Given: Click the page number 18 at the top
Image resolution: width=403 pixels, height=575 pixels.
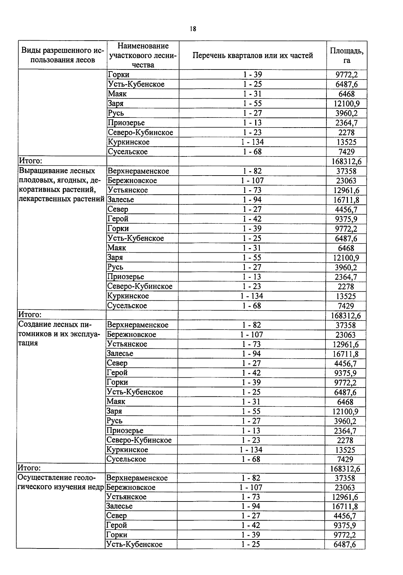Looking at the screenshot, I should pos(192,29).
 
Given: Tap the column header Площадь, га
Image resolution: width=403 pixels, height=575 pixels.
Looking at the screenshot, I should pos(346,55).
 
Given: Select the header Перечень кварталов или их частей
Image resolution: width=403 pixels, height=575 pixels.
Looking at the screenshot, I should pos(253,55).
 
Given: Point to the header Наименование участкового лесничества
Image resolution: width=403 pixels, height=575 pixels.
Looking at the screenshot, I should pos(143,55).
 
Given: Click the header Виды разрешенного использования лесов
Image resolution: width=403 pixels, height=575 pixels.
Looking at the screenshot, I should pos(62,55).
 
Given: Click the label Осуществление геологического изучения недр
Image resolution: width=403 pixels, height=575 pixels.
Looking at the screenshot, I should pos(60,482).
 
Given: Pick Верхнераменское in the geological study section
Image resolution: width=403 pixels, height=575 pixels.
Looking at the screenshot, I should pos(137,478).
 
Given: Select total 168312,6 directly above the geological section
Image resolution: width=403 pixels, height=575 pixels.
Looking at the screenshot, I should pos(345,469).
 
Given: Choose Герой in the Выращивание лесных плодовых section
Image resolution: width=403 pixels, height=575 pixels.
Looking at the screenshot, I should pos(118,219).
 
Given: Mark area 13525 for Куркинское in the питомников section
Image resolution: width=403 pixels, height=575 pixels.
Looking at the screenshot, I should pos(345,450).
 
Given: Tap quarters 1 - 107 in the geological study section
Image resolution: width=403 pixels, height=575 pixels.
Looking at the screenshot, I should pos(251,487).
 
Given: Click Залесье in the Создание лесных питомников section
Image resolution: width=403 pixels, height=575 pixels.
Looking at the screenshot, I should pos(120,353).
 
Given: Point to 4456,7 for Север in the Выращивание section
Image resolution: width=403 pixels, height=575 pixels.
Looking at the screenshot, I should pos(346,209).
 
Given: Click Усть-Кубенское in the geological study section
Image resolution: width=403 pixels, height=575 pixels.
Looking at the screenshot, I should pos(134,544).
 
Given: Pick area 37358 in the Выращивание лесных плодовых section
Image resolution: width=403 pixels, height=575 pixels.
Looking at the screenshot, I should pos(346,171).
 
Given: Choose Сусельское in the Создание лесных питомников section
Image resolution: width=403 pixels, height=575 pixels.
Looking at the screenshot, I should pos(126,459).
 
